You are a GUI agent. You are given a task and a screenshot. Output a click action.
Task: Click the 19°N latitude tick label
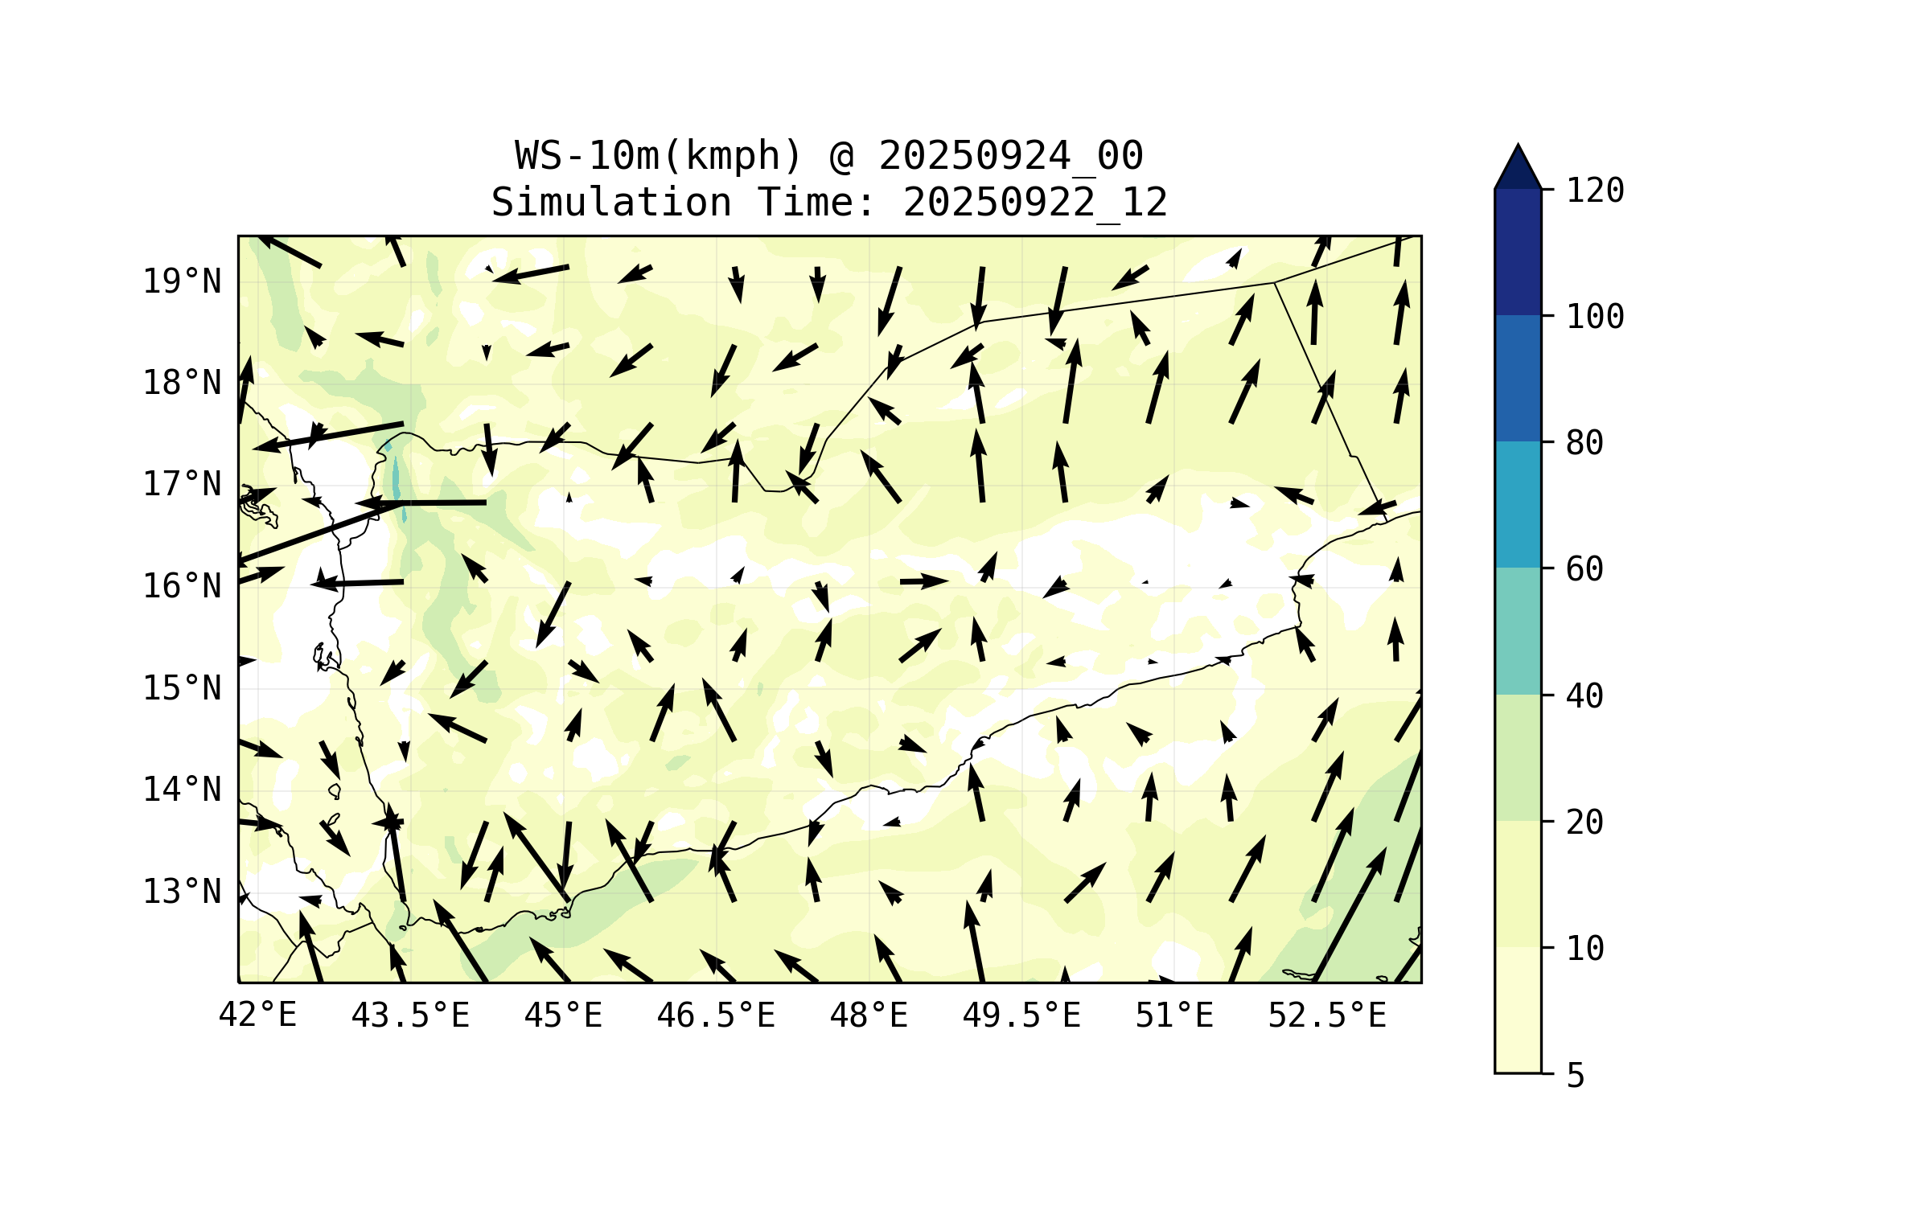click(x=182, y=281)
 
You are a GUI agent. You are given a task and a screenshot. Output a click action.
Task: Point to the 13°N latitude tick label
click(x=182, y=892)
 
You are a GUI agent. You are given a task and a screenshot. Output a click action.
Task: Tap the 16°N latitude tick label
click(x=182, y=586)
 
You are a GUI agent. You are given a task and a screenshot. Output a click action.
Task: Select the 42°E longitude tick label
click(x=257, y=1015)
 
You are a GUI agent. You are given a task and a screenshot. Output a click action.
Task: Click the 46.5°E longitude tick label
click(x=716, y=1015)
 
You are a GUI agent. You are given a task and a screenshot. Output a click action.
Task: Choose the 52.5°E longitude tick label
click(x=1327, y=1015)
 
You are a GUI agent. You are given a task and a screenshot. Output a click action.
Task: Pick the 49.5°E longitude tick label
click(x=1021, y=1015)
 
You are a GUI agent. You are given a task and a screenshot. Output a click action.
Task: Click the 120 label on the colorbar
click(x=1595, y=191)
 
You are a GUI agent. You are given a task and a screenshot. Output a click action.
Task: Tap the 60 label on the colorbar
click(x=1584, y=569)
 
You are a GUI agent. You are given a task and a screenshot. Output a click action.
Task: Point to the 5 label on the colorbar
click(x=1576, y=1076)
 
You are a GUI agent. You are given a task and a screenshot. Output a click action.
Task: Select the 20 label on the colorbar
click(x=1584, y=822)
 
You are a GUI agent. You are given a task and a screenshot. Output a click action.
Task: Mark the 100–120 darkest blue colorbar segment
click(x=1518, y=252)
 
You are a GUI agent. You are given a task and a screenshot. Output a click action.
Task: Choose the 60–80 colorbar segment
click(x=1518, y=504)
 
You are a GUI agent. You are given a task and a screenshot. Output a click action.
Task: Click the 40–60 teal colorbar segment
click(x=1518, y=630)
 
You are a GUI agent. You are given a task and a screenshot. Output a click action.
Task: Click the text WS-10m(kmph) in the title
click(x=659, y=155)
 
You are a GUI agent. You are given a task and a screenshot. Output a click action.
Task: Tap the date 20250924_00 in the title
click(x=1010, y=155)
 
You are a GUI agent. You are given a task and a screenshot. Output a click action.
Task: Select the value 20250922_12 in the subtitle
click(x=1035, y=202)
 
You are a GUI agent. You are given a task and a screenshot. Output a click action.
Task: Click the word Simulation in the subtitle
click(x=611, y=202)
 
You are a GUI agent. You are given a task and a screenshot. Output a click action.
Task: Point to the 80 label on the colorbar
click(x=1584, y=443)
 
